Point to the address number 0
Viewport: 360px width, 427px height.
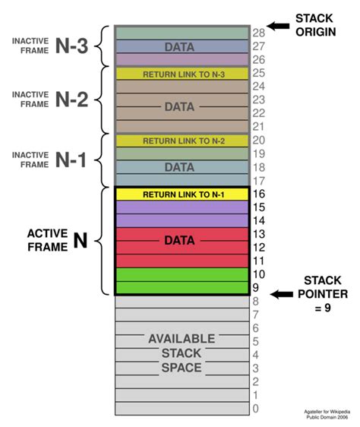click(x=257, y=409)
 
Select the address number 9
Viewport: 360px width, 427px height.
click(x=257, y=288)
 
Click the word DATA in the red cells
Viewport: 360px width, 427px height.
click(x=181, y=241)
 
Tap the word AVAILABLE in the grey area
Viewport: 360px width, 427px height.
click(x=181, y=339)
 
